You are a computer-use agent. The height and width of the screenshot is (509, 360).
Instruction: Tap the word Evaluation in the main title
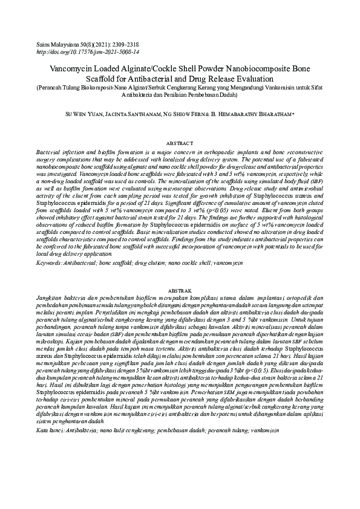click(250, 79)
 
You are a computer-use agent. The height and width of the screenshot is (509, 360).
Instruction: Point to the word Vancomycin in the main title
click(68, 69)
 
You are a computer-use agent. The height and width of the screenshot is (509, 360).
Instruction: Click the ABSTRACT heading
click(180, 143)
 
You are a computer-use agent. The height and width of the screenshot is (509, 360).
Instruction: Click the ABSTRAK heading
click(180, 291)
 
